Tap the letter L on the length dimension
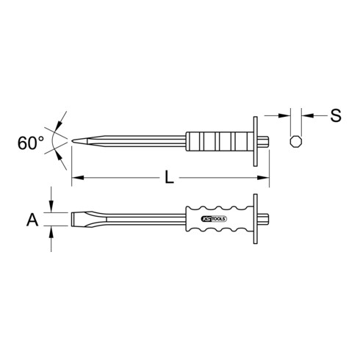[x=170, y=178]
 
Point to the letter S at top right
[x=335, y=115]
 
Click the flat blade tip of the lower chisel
[x=73, y=218]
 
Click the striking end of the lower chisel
[x=269, y=218]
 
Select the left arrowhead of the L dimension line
[x=76, y=178]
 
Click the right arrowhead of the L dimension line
[x=267, y=178]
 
